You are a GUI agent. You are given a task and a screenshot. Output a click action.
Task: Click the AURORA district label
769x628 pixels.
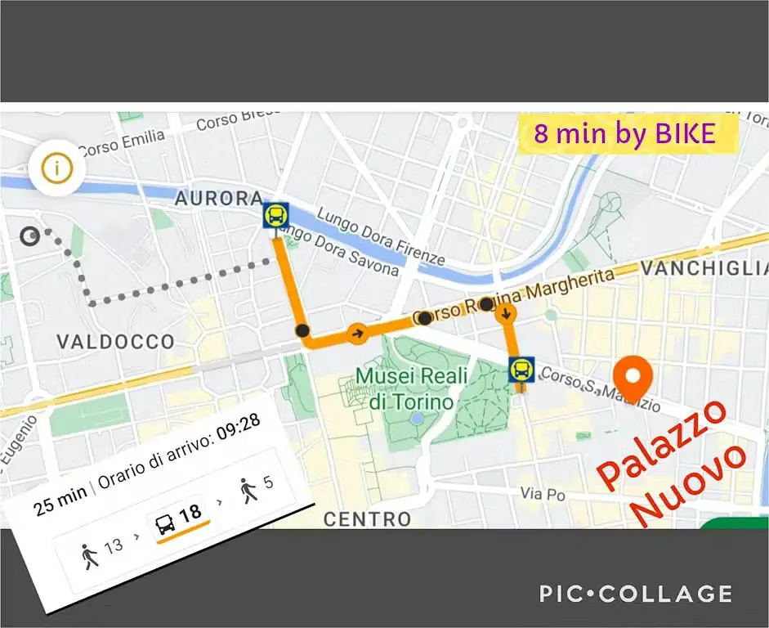click(218, 199)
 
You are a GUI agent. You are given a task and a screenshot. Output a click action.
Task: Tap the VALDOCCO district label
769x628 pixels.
click(115, 341)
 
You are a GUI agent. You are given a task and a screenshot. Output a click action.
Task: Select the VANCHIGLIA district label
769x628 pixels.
click(704, 268)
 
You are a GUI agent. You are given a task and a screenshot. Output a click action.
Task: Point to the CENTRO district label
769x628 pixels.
click(367, 518)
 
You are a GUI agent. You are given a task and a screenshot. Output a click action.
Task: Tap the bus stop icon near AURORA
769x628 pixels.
click(275, 216)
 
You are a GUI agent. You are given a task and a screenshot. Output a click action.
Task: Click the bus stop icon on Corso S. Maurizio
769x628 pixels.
click(521, 370)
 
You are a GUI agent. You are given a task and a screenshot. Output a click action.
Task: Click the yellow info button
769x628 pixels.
click(56, 169)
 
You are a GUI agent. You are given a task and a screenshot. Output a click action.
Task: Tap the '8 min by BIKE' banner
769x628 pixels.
click(625, 133)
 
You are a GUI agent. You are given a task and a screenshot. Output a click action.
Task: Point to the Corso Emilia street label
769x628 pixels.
click(121, 143)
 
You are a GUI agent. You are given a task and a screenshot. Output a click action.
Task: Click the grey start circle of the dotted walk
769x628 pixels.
click(31, 236)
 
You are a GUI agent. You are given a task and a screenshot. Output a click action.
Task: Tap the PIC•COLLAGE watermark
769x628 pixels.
click(635, 593)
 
